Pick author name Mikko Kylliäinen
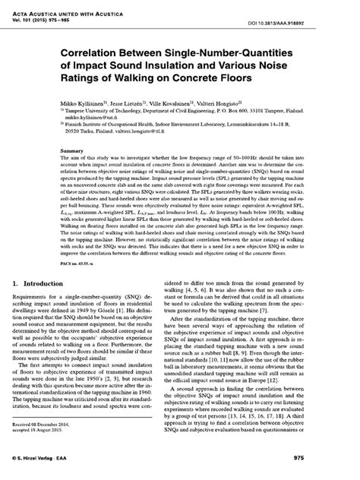pos(75,101)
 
